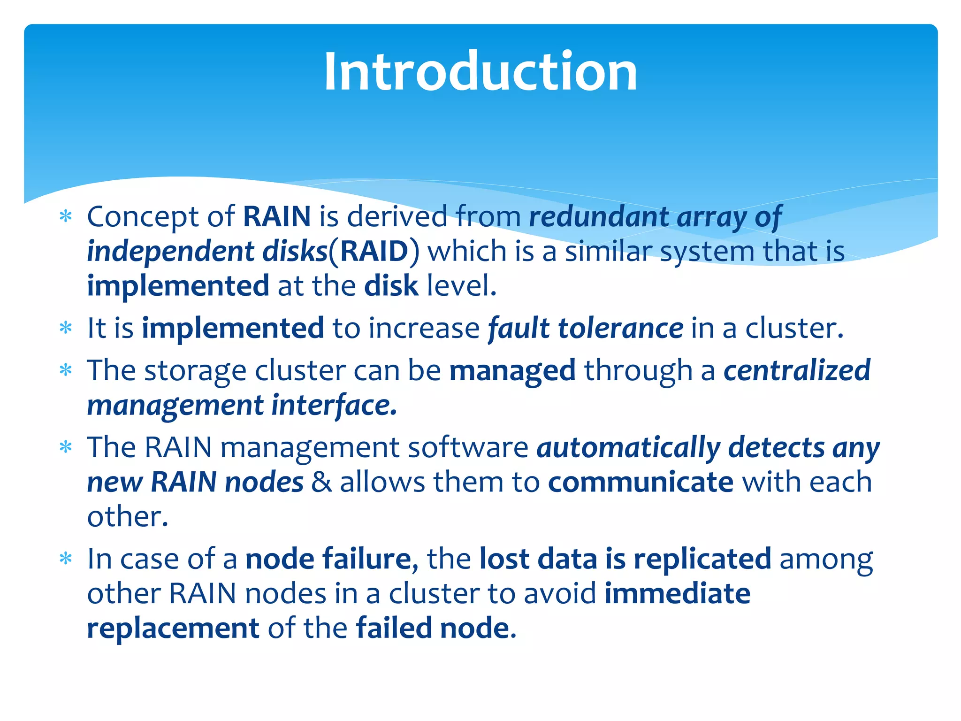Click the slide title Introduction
click(480, 71)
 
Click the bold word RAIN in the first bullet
click(277, 217)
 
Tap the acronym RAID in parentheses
click(374, 252)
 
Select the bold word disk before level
click(391, 286)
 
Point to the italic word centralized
click(797, 370)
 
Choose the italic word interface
click(334, 405)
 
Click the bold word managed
click(512, 370)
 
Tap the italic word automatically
click(628, 447)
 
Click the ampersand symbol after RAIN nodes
click(321, 482)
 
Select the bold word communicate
click(641, 482)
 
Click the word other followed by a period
click(127, 517)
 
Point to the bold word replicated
click(702, 559)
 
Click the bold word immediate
click(677, 594)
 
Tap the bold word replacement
click(173, 629)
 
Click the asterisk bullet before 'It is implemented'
click(66, 328)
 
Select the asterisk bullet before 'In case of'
click(66, 559)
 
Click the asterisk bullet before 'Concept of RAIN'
click(66, 216)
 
